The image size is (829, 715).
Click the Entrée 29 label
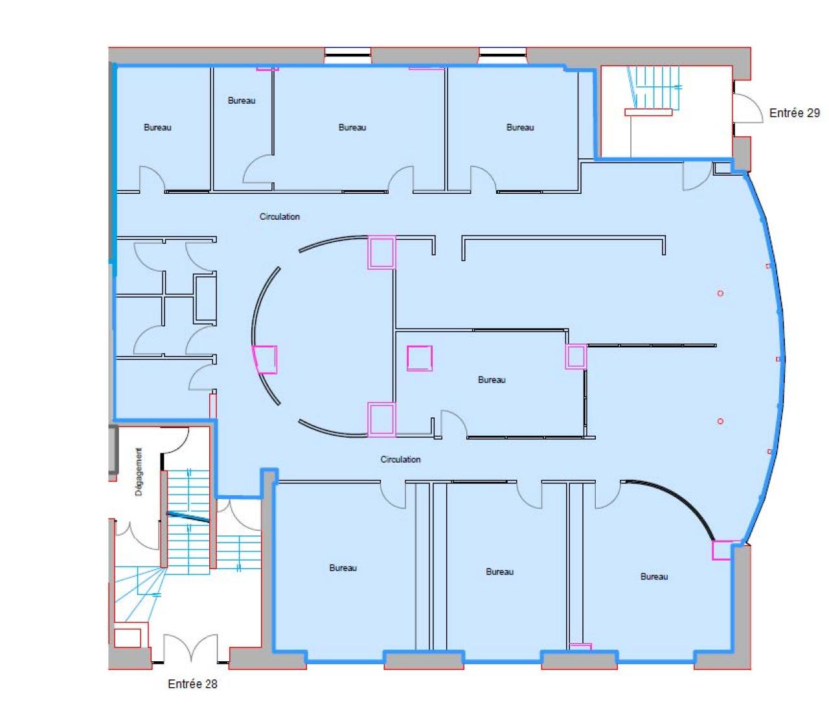coord(794,113)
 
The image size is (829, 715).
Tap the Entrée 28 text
coord(192,684)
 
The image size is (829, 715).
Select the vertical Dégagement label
coord(139,472)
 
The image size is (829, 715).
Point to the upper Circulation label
coord(279,217)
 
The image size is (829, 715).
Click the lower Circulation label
coord(400,459)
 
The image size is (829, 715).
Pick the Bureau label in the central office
coord(492,380)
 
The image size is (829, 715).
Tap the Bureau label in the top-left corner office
coord(157,128)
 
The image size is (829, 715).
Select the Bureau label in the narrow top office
coord(242,100)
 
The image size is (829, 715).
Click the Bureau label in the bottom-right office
coord(653,576)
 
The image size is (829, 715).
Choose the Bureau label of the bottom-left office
coord(343,568)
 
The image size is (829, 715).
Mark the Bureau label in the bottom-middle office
coord(499,572)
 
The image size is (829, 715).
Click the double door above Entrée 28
coord(190,648)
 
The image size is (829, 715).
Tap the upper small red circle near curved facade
coord(720,294)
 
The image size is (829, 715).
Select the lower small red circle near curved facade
coord(720,421)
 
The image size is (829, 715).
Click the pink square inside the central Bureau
coord(420,358)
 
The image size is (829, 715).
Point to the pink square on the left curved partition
coord(265,360)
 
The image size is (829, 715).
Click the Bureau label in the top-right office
coord(520,128)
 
